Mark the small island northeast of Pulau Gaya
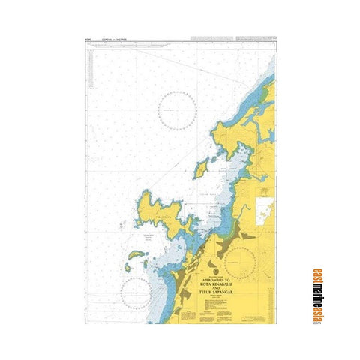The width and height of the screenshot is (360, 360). (200, 167)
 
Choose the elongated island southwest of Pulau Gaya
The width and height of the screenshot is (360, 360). (136, 262)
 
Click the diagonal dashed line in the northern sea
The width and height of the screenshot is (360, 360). (172, 60)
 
